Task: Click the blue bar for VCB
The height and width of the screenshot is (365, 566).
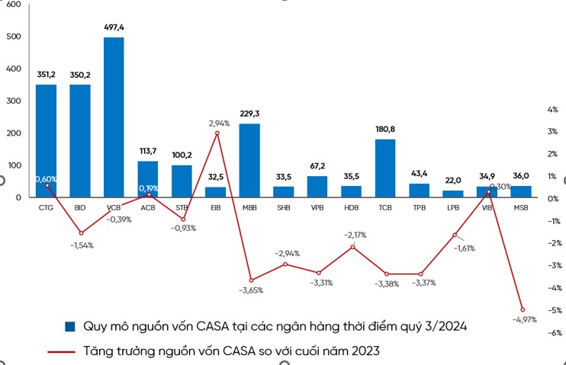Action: (x=114, y=117)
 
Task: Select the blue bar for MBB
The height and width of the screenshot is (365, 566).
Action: (x=249, y=160)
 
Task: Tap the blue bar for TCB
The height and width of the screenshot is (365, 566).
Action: (x=385, y=168)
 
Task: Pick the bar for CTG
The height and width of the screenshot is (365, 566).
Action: (x=46, y=140)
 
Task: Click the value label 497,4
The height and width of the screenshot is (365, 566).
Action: (x=114, y=27)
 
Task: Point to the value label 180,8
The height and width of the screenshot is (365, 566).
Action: (x=385, y=130)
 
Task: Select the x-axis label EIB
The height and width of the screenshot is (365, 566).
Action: (x=216, y=207)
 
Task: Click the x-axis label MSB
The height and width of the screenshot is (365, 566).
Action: (x=521, y=207)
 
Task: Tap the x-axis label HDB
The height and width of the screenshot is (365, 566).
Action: (x=352, y=207)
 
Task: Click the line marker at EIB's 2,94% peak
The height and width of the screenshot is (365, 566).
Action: (x=217, y=133)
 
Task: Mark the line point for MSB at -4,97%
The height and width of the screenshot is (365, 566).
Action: (x=523, y=309)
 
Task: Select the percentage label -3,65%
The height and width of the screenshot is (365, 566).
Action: (x=251, y=290)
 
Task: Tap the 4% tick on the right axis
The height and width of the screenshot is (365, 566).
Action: (x=552, y=110)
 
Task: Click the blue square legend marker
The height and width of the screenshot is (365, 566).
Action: (x=70, y=326)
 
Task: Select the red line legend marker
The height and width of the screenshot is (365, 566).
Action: (x=70, y=351)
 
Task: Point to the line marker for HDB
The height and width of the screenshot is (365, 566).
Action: (x=352, y=247)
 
